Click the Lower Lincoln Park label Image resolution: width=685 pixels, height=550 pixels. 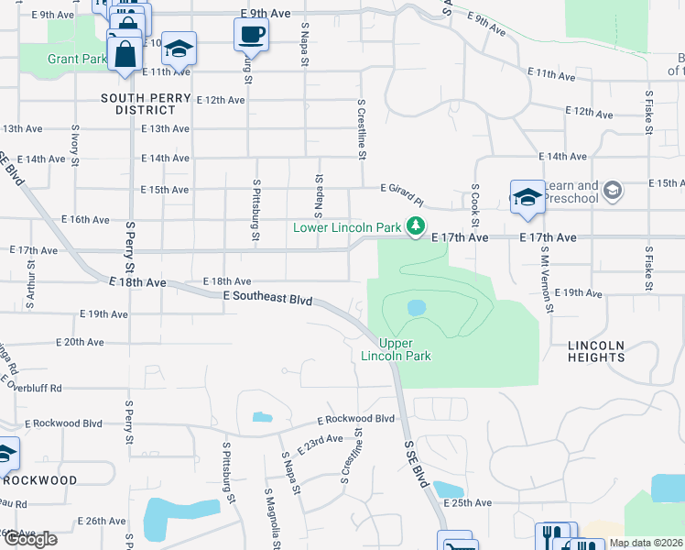(x=348, y=226)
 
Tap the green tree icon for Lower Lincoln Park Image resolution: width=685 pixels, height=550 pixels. (x=417, y=225)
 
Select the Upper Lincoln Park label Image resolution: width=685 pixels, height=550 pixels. (x=396, y=349)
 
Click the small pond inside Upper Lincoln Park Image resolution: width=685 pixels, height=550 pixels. (x=415, y=307)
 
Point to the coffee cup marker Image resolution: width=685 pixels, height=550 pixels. (x=251, y=36)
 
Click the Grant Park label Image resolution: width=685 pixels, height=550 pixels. (x=77, y=59)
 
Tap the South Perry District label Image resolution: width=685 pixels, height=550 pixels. (x=147, y=104)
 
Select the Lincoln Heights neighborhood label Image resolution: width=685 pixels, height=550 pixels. (x=596, y=351)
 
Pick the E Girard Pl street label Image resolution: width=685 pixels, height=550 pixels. (x=403, y=193)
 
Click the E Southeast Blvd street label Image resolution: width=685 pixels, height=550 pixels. (x=267, y=299)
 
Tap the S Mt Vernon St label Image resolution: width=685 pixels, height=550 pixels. (x=547, y=279)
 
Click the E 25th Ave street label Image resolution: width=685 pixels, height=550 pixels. (x=468, y=502)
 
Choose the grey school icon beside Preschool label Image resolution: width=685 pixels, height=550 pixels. (x=613, y=192)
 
